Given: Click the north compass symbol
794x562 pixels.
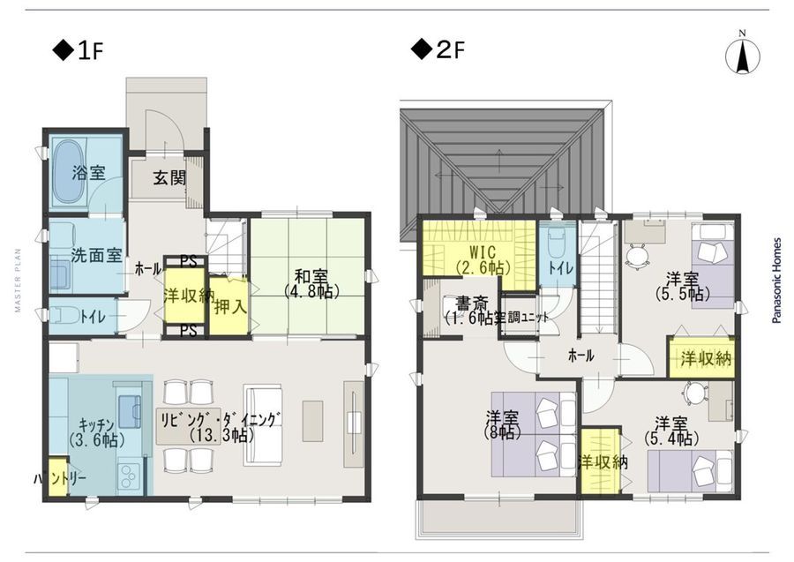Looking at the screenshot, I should pos(743,56).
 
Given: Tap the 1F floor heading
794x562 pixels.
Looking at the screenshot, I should pos(79,51).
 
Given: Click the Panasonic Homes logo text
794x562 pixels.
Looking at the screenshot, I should pos(776,280).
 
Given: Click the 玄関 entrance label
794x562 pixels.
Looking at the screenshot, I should pos(169,177).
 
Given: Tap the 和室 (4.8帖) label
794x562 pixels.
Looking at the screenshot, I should pos(307,281).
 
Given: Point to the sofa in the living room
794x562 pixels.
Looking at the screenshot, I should pos(263,423).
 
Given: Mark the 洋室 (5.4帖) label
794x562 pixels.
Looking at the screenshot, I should pos(671,430).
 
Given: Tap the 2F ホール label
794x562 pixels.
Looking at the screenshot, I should pos(579,356).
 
